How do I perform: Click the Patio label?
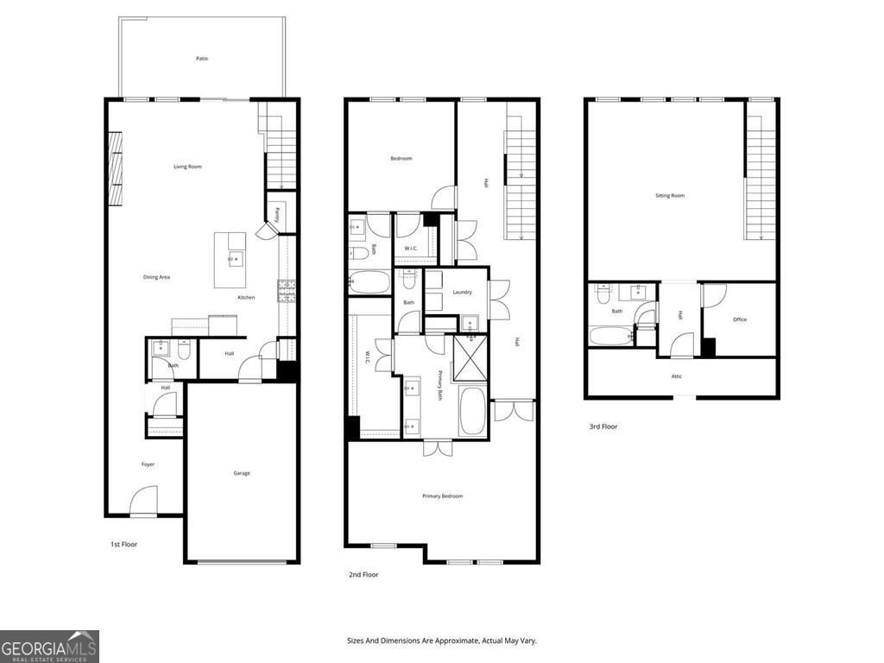point(201,59)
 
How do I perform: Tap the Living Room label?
point(187,167)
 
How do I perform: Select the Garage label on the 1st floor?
point(242,473)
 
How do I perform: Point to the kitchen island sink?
point(234,259)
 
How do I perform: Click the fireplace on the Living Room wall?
point(114,169)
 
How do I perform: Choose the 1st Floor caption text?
point(123,545)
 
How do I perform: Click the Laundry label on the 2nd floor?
point(462,292)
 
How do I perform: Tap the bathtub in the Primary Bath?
point(472,411)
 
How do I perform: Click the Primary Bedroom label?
point(442,496)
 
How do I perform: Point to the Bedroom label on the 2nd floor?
point(401,159)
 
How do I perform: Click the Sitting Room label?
point(670,196)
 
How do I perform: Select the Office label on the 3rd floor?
point(740,319)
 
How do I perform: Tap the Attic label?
point(677,376)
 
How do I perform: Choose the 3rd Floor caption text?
point(603,426)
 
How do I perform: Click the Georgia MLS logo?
point(49,647)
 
